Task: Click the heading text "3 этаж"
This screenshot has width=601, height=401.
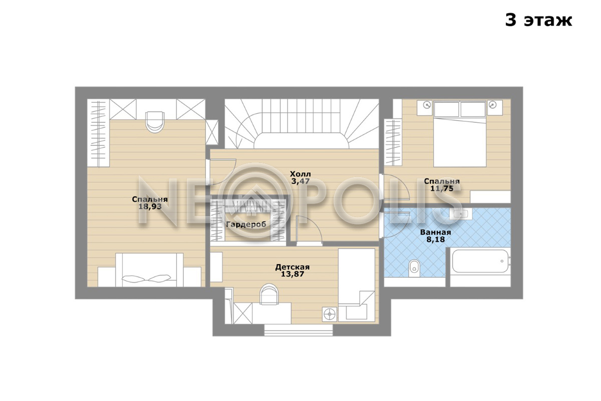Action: (x=538, y=21)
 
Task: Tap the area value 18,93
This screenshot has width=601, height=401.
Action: (x=150, y=207)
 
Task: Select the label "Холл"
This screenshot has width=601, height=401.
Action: (x=300, y=174)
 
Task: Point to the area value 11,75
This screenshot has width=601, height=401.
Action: (x=442, y=188)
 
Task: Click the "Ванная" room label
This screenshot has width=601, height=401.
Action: (x=436, y=232)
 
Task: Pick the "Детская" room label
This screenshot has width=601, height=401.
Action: (x=292, y=267)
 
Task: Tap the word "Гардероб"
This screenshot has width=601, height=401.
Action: (x=246, y=224)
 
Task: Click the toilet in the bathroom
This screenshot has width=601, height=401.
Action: (x=414, y=268)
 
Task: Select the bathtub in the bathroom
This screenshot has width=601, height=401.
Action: (x=480, y=261)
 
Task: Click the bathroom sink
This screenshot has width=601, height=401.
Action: (x=461, y=214)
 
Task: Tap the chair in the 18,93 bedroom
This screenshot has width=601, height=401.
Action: (x=155, y=122)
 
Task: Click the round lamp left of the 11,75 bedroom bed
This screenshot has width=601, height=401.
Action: (x=427, y=105)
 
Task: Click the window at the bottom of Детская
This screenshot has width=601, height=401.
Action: (x=298, y=330)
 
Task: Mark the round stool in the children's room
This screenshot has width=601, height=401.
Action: (x=330, y=314)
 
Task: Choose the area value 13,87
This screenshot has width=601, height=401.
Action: (x=292, y=274)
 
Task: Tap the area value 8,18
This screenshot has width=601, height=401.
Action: (x=436, y=239)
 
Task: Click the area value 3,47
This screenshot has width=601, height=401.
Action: (x=300, y=181)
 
